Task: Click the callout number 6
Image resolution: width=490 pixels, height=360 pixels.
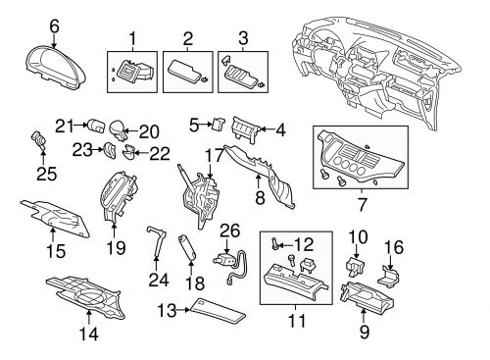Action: coord(54,26)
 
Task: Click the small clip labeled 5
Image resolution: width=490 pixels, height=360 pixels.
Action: coord(219,125)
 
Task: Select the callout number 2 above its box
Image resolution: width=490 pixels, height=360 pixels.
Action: coord(186,40)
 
